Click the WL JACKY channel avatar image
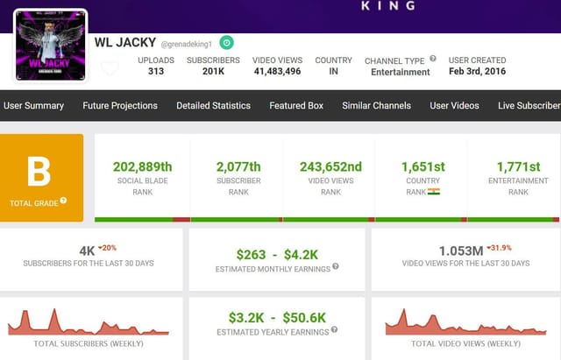(x=50, y=46)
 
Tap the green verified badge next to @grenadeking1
(x=226, y=42)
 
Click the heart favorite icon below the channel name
(x=110, y=68)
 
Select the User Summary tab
(x=33, y=105)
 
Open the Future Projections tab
(x=120, y=105)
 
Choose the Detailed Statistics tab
(x=213, y=105)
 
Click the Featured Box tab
(x=296, y=105)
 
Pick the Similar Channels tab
(x=376, y=105)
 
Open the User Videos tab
(x=454, y=105)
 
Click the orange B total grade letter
(x=39, y=172)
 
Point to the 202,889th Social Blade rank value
(x=142, y=166)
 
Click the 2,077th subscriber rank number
(x=238, y=166)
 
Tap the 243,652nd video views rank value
(x=330, y=166)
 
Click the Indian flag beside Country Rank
(x=434, y=191)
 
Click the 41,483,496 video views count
(x=277, y=72)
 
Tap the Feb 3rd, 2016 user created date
(x=477, y=72)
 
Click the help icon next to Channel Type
(x=433, y=59)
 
